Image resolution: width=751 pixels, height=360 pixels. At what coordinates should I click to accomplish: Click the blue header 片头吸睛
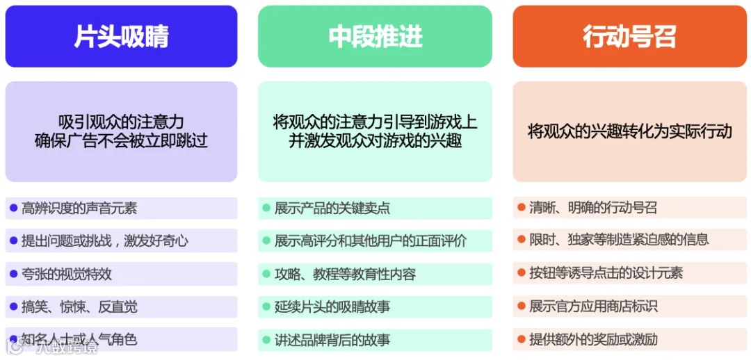point(121,37)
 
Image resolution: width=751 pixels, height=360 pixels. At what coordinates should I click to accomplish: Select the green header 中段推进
point(375,37)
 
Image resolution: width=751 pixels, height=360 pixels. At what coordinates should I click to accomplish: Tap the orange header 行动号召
point(629,37)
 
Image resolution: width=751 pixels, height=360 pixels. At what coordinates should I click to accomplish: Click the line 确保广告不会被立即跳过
point(121,142)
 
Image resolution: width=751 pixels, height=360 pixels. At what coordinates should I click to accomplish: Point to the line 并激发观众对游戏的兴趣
point(375,142)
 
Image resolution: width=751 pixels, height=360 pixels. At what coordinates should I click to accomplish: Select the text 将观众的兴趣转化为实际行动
point(629,131)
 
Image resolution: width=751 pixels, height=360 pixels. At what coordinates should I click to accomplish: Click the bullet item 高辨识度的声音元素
point(79,208)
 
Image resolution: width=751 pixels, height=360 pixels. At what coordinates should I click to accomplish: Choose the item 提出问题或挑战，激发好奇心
point(104,241)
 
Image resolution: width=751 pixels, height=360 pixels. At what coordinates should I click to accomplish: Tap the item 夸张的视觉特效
point(66,274)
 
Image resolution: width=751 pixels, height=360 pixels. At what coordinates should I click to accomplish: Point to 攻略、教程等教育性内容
point(345,274)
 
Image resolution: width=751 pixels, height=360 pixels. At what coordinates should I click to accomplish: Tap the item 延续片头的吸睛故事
point(332,306)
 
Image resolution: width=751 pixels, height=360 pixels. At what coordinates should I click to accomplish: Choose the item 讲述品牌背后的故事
point(332,340)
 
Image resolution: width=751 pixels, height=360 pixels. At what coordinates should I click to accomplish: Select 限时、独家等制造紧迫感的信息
point(618,240)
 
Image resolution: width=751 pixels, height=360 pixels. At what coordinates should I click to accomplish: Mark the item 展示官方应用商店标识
point(592,306)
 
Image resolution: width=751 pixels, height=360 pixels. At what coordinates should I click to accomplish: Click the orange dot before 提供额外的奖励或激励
point(521,339)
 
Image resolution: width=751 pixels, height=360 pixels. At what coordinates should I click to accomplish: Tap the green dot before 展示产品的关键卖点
point(266,207)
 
